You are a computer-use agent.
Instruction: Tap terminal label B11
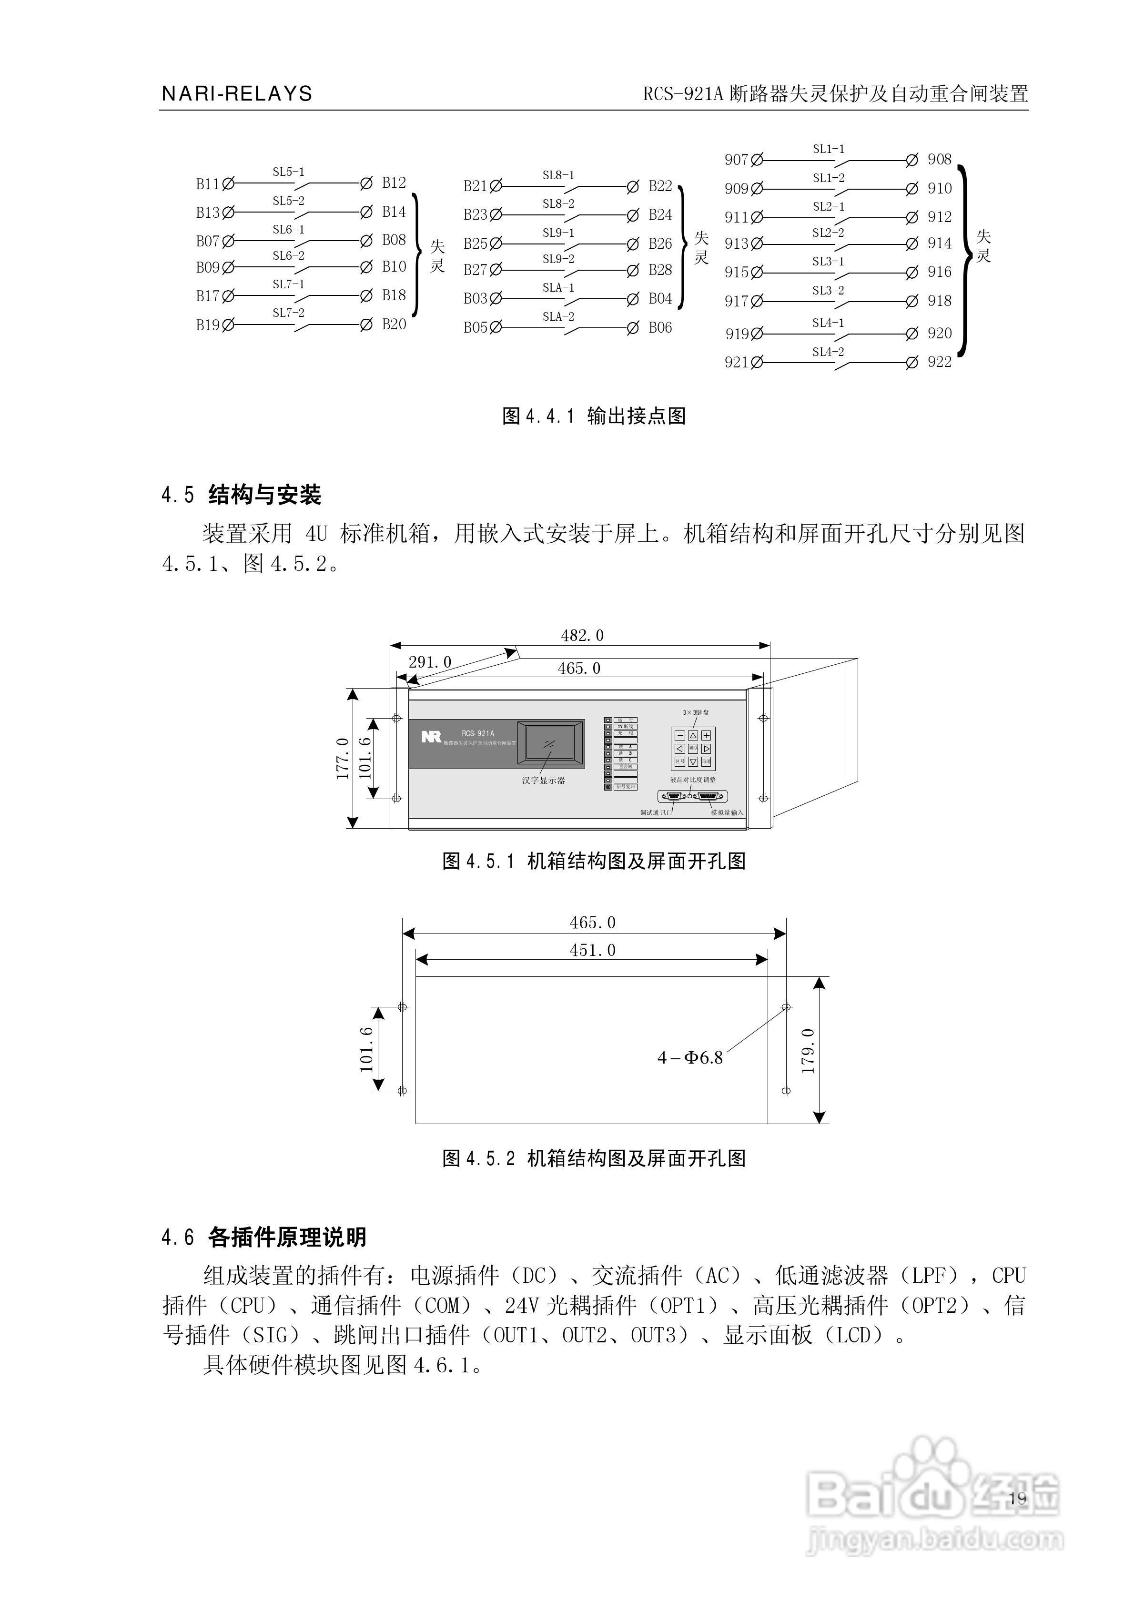coord(207,184)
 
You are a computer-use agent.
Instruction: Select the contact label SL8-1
coord(558,175)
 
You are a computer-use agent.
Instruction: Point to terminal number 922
coord(939,362)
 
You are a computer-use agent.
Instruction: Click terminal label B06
coord(660,327)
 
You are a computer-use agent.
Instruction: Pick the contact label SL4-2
coord(828,352)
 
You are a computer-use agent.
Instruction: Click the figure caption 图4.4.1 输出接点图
coord(594,416)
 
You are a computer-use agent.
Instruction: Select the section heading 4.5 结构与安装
coord(242,495)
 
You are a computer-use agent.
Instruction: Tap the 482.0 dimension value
coord(582,635)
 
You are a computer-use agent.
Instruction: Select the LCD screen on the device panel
coord(550,745)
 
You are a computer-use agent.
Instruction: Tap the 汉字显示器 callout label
coord(543,781)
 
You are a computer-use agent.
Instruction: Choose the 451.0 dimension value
coord(592,950)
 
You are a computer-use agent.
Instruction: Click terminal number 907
coord(736,160)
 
